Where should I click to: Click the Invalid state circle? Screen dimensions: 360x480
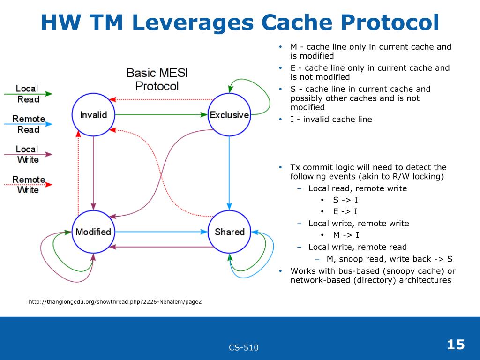(x=93, y=115)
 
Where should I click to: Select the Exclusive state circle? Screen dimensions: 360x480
(x=229, y=115)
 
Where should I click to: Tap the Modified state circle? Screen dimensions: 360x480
(x=93, y=232)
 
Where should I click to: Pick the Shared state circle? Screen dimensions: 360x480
(x=229, y=232)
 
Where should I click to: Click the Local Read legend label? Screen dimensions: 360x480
(x=27, y=94)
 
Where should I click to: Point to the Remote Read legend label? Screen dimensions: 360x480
(x=28, y=124)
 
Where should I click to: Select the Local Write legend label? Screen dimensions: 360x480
(x=27, y=154)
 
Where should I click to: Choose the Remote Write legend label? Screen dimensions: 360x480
(x=28, y=185)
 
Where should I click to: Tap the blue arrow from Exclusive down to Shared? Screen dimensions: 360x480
(x=229, y=171)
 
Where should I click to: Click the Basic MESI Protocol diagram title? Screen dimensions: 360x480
(x=157, y=79)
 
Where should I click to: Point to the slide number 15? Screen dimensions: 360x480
(x=456, y=345)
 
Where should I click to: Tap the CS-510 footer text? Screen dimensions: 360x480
(x=244, y=347)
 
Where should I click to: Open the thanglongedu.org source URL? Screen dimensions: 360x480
(x=115, y=301)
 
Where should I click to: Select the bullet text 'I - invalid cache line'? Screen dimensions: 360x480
(x=331, y=120)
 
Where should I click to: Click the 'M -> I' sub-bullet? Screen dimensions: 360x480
(x=346, y=235)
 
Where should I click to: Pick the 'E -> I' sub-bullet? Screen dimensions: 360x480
(x=345, y=212)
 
